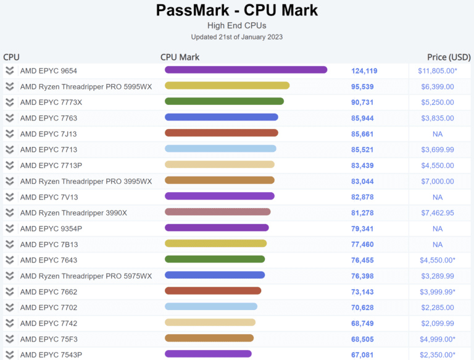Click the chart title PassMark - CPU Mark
[237, 10]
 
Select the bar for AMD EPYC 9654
[246, 70]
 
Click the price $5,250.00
[438, 102]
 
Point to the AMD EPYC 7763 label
[49, 118]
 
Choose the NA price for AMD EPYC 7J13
[438, 134]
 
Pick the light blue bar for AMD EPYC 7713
[220, 149]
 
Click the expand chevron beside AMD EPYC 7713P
[10, 165]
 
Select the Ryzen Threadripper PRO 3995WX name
[86, 181]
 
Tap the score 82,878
[364, 197]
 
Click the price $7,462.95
[438, 213]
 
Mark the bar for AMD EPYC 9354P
[217, 227]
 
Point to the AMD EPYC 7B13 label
[49, 245]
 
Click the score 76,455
[364, 260]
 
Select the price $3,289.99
[438, 276]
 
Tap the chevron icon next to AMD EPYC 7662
[10, 291]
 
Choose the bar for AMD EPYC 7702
[211, 306]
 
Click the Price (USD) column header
[449, 57]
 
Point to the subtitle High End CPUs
[237, 25]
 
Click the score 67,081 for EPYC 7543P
[364, 354]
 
